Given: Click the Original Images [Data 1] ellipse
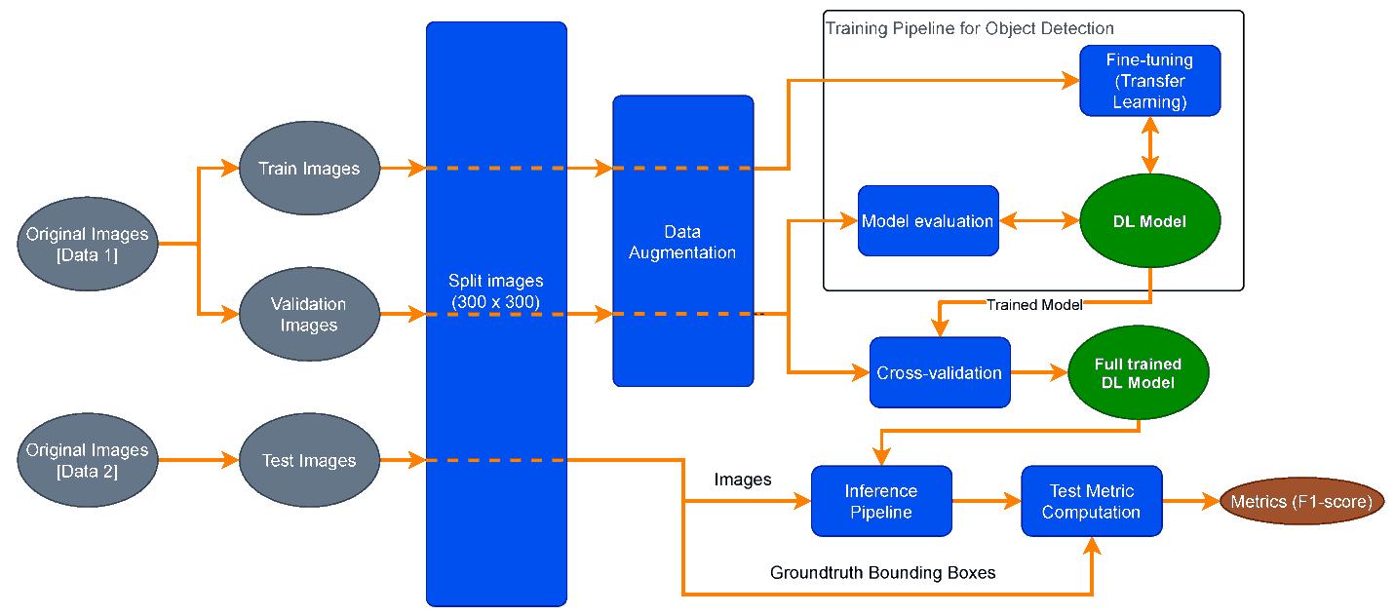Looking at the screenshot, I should point(88,244).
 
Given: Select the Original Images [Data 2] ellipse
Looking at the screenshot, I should point(88,460).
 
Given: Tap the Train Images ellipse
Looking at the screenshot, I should point(308,169).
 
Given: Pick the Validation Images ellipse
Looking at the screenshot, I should point(308,315).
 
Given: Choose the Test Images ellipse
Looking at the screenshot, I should point(308,460).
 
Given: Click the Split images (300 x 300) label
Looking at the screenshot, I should point(495,292).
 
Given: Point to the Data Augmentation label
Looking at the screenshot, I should point(682,244).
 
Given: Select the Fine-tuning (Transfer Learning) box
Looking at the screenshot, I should point(1150,81).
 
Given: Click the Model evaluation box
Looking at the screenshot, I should point(928,221).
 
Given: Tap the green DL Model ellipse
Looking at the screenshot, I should point(1149,221).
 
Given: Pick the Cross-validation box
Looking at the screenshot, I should point(940,372).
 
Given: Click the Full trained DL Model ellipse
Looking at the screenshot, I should point(1139,372).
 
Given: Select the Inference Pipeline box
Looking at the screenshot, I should point(881,501).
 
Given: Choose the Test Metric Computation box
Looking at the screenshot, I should point(1092,501).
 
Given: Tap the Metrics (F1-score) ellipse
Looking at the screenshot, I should point(1301,502).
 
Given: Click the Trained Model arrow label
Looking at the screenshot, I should point(1034,305).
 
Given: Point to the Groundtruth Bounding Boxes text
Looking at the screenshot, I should point(882,573).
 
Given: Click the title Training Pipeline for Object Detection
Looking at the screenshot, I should point(970,28).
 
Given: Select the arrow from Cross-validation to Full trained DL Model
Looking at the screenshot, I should point(1039,372).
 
